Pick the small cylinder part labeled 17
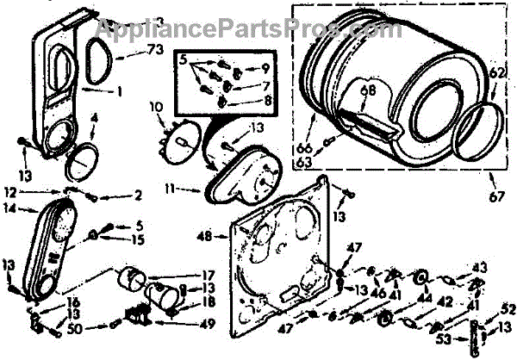(x=134, y=281)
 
